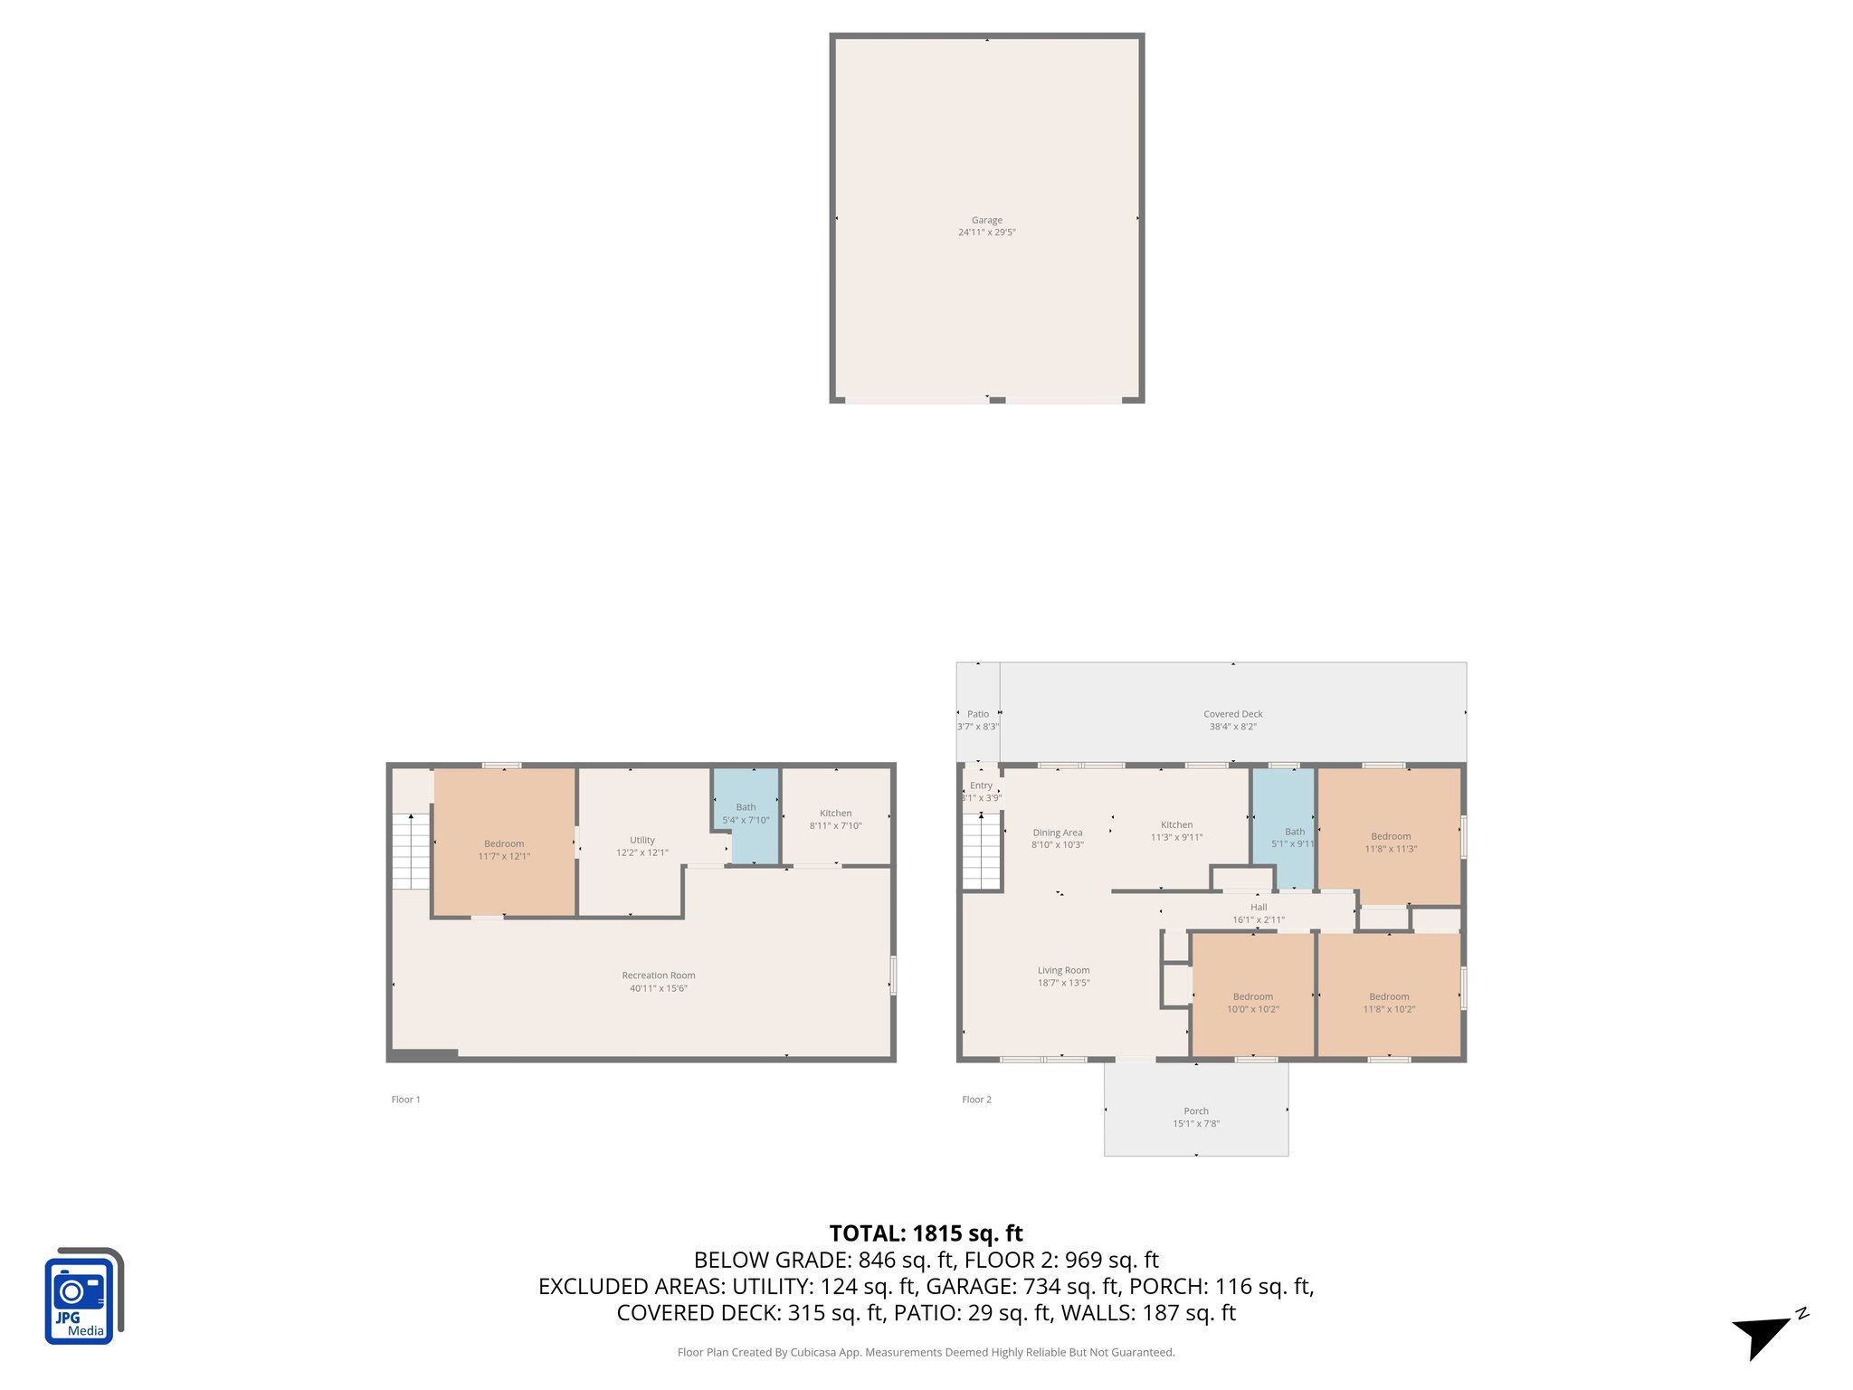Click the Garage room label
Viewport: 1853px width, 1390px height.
986,220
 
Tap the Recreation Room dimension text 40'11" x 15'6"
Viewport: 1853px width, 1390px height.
658,988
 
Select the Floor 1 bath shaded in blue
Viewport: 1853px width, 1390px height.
746,815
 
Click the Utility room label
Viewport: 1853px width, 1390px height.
641,840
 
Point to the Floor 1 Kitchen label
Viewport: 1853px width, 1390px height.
835,813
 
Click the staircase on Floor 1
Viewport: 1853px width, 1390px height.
410,852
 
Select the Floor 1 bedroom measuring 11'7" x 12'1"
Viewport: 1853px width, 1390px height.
504,843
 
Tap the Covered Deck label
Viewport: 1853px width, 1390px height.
1232,714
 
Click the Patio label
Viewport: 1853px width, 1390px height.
977,714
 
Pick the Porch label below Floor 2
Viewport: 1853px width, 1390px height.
1195,1110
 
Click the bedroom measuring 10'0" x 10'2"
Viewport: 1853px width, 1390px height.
1252,995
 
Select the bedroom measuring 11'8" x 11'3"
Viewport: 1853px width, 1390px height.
1390,836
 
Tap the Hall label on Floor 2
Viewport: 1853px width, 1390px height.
1258,907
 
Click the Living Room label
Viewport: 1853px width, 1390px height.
1063,970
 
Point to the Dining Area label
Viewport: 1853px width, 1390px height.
1057,833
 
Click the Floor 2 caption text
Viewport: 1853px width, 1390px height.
976,1100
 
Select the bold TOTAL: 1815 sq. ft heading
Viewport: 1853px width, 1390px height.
926,1233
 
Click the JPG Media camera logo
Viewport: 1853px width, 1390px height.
82,1296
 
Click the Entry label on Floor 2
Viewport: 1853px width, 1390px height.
981,785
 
